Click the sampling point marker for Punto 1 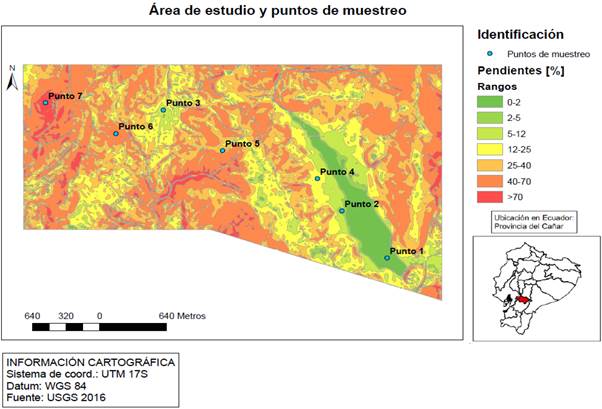tap(388, 258)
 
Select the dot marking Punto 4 tap(318, 178)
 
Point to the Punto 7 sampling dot tap(45, 102)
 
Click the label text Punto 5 tap(242, 144)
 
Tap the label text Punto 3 tap(184, 103)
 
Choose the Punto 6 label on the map tap(136, 127)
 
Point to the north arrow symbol tap(11, 80)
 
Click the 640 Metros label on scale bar tap(182, 315)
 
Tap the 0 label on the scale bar tap(99, 315)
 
